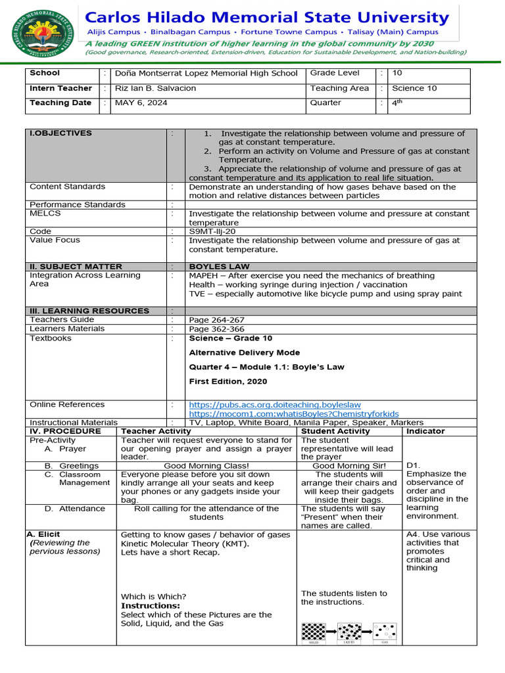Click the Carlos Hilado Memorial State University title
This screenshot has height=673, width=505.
tap(268, 17)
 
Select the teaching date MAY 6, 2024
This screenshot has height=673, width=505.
tap(141, 103)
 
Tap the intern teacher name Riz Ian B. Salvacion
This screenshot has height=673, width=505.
tap(155, 88)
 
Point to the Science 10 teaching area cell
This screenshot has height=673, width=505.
tap(414, 88)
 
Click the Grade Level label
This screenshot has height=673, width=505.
tap(335, 74)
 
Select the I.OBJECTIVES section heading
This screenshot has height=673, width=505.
tap(61, 133)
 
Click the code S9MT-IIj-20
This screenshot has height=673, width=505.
tap(212, 231)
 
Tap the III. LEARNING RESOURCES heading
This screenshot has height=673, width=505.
tap(89, 311)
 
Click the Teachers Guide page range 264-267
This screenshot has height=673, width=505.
tap(216, 320)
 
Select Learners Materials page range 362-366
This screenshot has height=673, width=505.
tap(216, 329)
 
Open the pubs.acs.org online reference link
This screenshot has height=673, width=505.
tap(275, 405)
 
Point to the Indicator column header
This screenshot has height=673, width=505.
tap(425, 431)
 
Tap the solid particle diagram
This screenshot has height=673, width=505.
tap(314, 632)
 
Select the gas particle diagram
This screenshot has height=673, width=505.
tap(385, 632)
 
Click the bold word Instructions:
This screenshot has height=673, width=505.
tap(151, 605)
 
